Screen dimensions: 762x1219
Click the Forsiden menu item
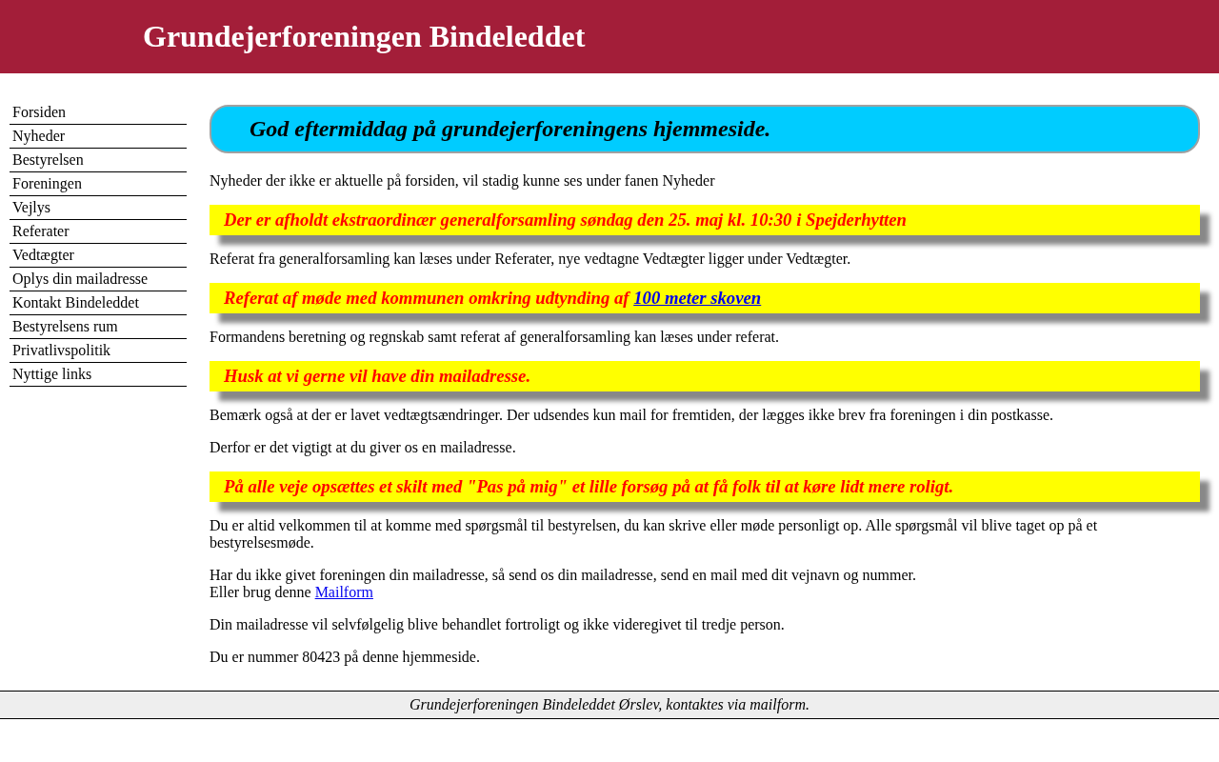[x=39, y=112]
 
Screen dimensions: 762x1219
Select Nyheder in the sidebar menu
[x=39, y=136]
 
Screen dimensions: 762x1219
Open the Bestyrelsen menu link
[x=48, y=160]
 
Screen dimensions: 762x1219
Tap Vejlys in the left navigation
[x=31, y=208]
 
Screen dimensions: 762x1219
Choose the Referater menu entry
[x=41, y=231]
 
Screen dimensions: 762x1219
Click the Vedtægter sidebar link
[x=43, y=255]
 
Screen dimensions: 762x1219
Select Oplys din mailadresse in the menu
[x=80, y=279]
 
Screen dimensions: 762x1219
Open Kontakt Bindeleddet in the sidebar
[x=75, y=303]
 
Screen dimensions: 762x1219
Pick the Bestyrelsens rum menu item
[x=65, y=327]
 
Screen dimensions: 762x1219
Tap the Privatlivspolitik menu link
[x=61, y=351]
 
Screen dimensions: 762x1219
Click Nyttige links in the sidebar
[x=52, y=374]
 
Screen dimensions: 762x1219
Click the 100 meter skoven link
[x=697, y=298]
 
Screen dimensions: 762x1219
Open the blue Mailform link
[x=344, y=592]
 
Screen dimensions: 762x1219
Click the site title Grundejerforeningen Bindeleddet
[x=364, y=36]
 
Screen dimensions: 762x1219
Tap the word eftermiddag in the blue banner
[x=351, y=130]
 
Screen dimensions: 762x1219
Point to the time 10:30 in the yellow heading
[x=770, y=220]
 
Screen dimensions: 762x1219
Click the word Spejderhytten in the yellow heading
[x=856, y=220]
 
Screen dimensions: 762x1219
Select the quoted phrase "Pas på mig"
[x=517, y=487]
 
